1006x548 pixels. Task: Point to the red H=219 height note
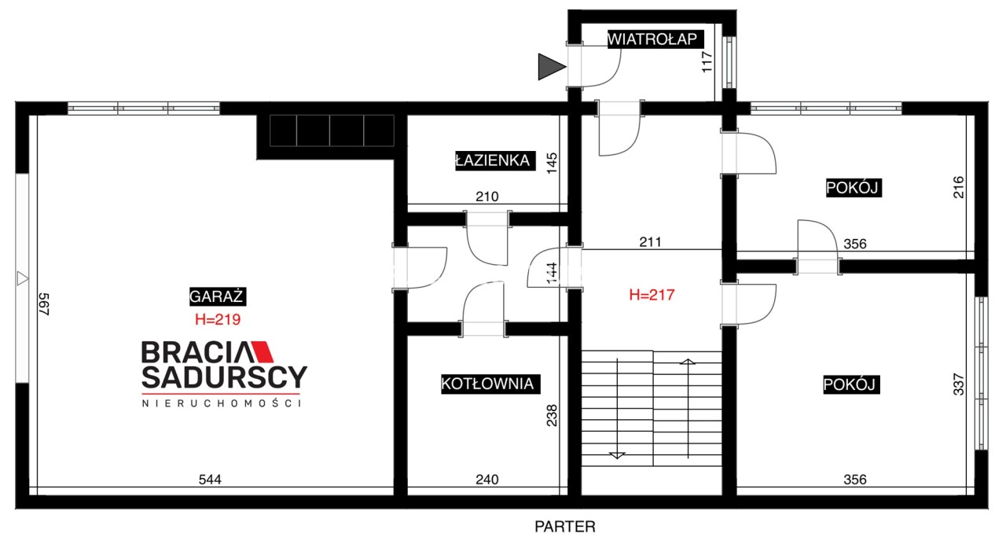tap(218, 319)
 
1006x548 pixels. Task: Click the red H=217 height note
tap(652, 295)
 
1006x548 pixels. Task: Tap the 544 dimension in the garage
tap(210, 480)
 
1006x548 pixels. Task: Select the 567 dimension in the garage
tap(43, 304)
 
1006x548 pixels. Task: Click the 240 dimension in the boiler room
tap(486, 480)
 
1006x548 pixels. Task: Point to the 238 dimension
tap(552, 415)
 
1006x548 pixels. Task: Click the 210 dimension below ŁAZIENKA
tap(486, 197)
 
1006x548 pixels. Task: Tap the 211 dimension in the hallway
tap(650, 242)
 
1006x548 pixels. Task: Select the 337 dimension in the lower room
tap(959, 384)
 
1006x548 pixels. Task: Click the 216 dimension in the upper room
tap(959, 187)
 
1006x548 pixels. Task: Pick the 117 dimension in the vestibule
tap(707, 62)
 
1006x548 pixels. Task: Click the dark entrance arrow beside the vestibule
tap(552, 67)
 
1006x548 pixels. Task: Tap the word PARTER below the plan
tap(565, 527)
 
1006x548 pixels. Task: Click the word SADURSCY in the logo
tap(225, 377)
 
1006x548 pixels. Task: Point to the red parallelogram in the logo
tap(263, 351)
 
